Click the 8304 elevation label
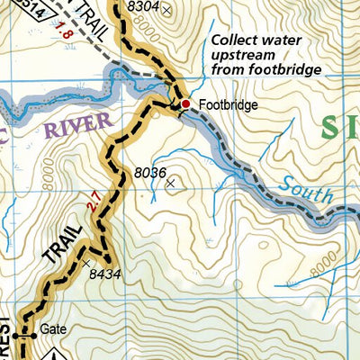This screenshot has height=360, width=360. click(x=144, y=7)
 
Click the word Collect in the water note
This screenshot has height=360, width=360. click(x=230, y=40)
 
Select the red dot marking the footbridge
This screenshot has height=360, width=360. click(x=185, y=104)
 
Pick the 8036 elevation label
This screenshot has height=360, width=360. click(x=150, y=170)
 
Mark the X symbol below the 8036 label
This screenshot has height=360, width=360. click(x=172, y=183)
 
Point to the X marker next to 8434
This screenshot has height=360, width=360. click(x=86, y=264)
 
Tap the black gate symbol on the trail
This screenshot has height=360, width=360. click(x=29, y=335)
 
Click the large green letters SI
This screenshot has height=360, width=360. click(x=340, y=128)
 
